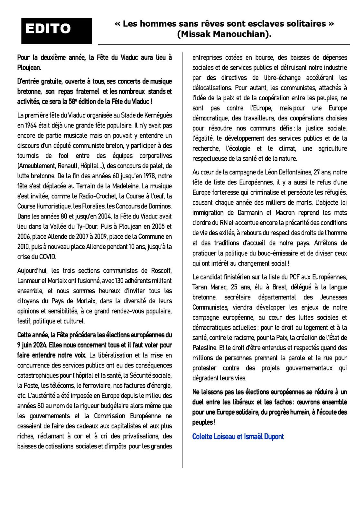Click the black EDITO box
coord(57,31)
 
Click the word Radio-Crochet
coord(88,196)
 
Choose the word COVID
coord(47,257)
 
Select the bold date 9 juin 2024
coord(33,345)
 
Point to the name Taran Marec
coord(210,287)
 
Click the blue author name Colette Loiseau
coord(213,437)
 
